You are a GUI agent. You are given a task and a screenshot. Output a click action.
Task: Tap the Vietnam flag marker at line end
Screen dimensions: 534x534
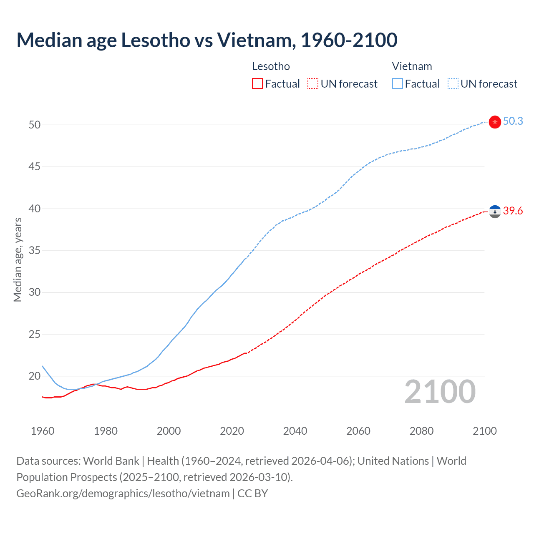(494, 122)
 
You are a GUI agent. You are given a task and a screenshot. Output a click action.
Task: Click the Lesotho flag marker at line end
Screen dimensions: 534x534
(494, 212)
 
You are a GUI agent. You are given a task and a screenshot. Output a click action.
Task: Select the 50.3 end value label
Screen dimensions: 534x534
(513, 121)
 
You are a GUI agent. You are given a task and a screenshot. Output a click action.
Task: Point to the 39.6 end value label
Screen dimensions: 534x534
(513, 211)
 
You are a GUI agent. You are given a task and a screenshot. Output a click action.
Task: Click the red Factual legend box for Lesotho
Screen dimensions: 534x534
(257, 84)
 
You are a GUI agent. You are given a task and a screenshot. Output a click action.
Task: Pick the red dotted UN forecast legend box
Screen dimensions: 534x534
(313, 84)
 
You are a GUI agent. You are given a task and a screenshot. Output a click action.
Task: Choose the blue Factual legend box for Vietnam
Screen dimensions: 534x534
(397, 84)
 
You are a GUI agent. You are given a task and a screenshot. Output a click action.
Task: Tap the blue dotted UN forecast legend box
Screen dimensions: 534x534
(453, 84)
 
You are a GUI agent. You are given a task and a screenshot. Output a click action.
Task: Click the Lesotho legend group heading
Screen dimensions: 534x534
(271, 66)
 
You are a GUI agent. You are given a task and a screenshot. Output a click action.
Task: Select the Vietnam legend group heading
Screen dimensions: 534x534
(412, 66)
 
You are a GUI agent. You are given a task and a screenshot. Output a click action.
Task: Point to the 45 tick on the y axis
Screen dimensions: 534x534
(35, 167)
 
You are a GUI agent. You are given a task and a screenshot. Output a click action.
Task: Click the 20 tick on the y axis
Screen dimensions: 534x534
(35, 376)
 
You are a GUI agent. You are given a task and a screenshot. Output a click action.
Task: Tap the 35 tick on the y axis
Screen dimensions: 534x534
(35, 251)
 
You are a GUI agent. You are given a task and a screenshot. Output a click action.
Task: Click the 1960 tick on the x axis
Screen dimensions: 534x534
(43, 431)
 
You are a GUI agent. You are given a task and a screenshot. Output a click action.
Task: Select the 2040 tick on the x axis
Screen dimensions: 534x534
(295, 431)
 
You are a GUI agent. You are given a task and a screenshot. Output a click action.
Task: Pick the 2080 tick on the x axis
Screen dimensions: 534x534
(421, 431)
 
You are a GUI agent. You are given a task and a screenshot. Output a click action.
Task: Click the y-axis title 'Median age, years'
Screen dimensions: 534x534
(18, 259)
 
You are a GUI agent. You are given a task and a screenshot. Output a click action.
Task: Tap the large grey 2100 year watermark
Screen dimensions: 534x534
(440, 392)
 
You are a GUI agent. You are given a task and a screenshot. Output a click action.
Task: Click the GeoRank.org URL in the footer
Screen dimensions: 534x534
(123, 494)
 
